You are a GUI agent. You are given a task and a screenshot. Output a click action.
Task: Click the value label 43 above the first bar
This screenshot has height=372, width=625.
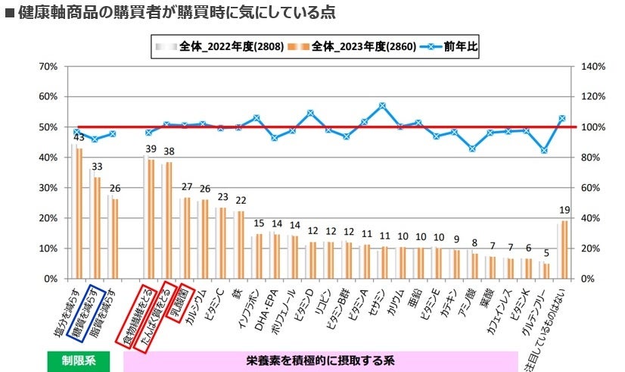78,137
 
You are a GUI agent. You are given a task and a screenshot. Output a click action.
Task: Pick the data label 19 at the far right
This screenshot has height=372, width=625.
563,210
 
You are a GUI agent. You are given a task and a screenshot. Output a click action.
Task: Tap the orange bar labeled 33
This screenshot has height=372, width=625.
97,227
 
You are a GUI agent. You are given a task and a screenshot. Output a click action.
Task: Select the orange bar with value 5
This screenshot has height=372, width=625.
546,270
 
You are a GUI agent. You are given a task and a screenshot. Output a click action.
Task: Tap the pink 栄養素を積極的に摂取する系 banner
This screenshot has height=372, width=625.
320,361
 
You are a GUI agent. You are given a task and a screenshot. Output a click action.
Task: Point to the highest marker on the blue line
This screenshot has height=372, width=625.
382,106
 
